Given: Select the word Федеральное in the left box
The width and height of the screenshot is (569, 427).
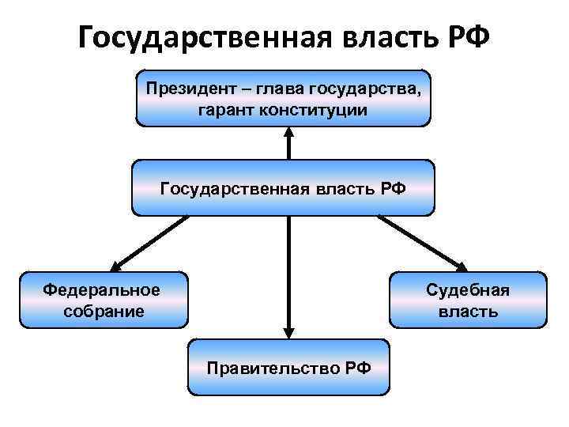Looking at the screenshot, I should coord(101,289).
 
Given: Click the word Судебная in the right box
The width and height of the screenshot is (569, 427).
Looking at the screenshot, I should coord(468,289).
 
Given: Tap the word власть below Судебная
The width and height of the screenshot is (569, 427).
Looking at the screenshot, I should coord(468,311).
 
